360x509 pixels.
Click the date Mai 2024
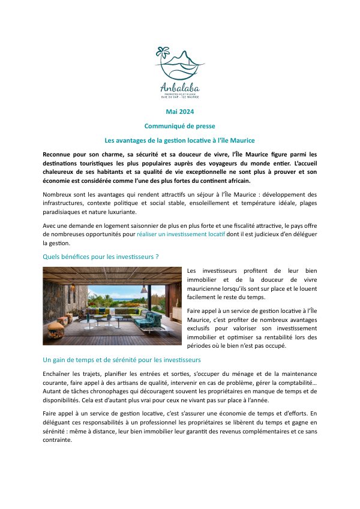tap(179, 112)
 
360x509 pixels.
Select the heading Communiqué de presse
tap(179, 126)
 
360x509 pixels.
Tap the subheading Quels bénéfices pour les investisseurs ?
tap(101, 257)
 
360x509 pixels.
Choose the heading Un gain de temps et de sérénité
tap(122, 360)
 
